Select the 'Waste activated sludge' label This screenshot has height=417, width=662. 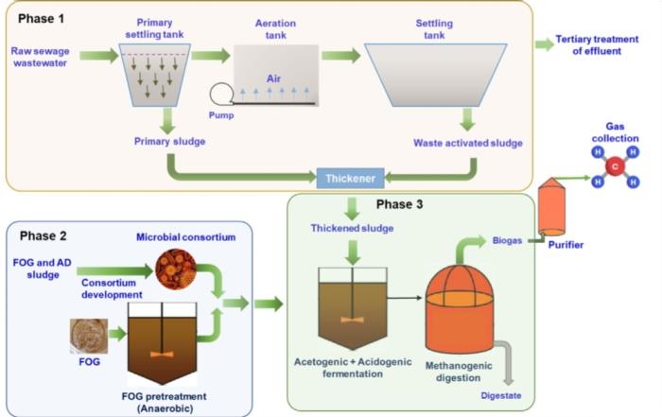click(x=466, y=144)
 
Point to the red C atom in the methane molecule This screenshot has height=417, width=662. click(x=614, y=168)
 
